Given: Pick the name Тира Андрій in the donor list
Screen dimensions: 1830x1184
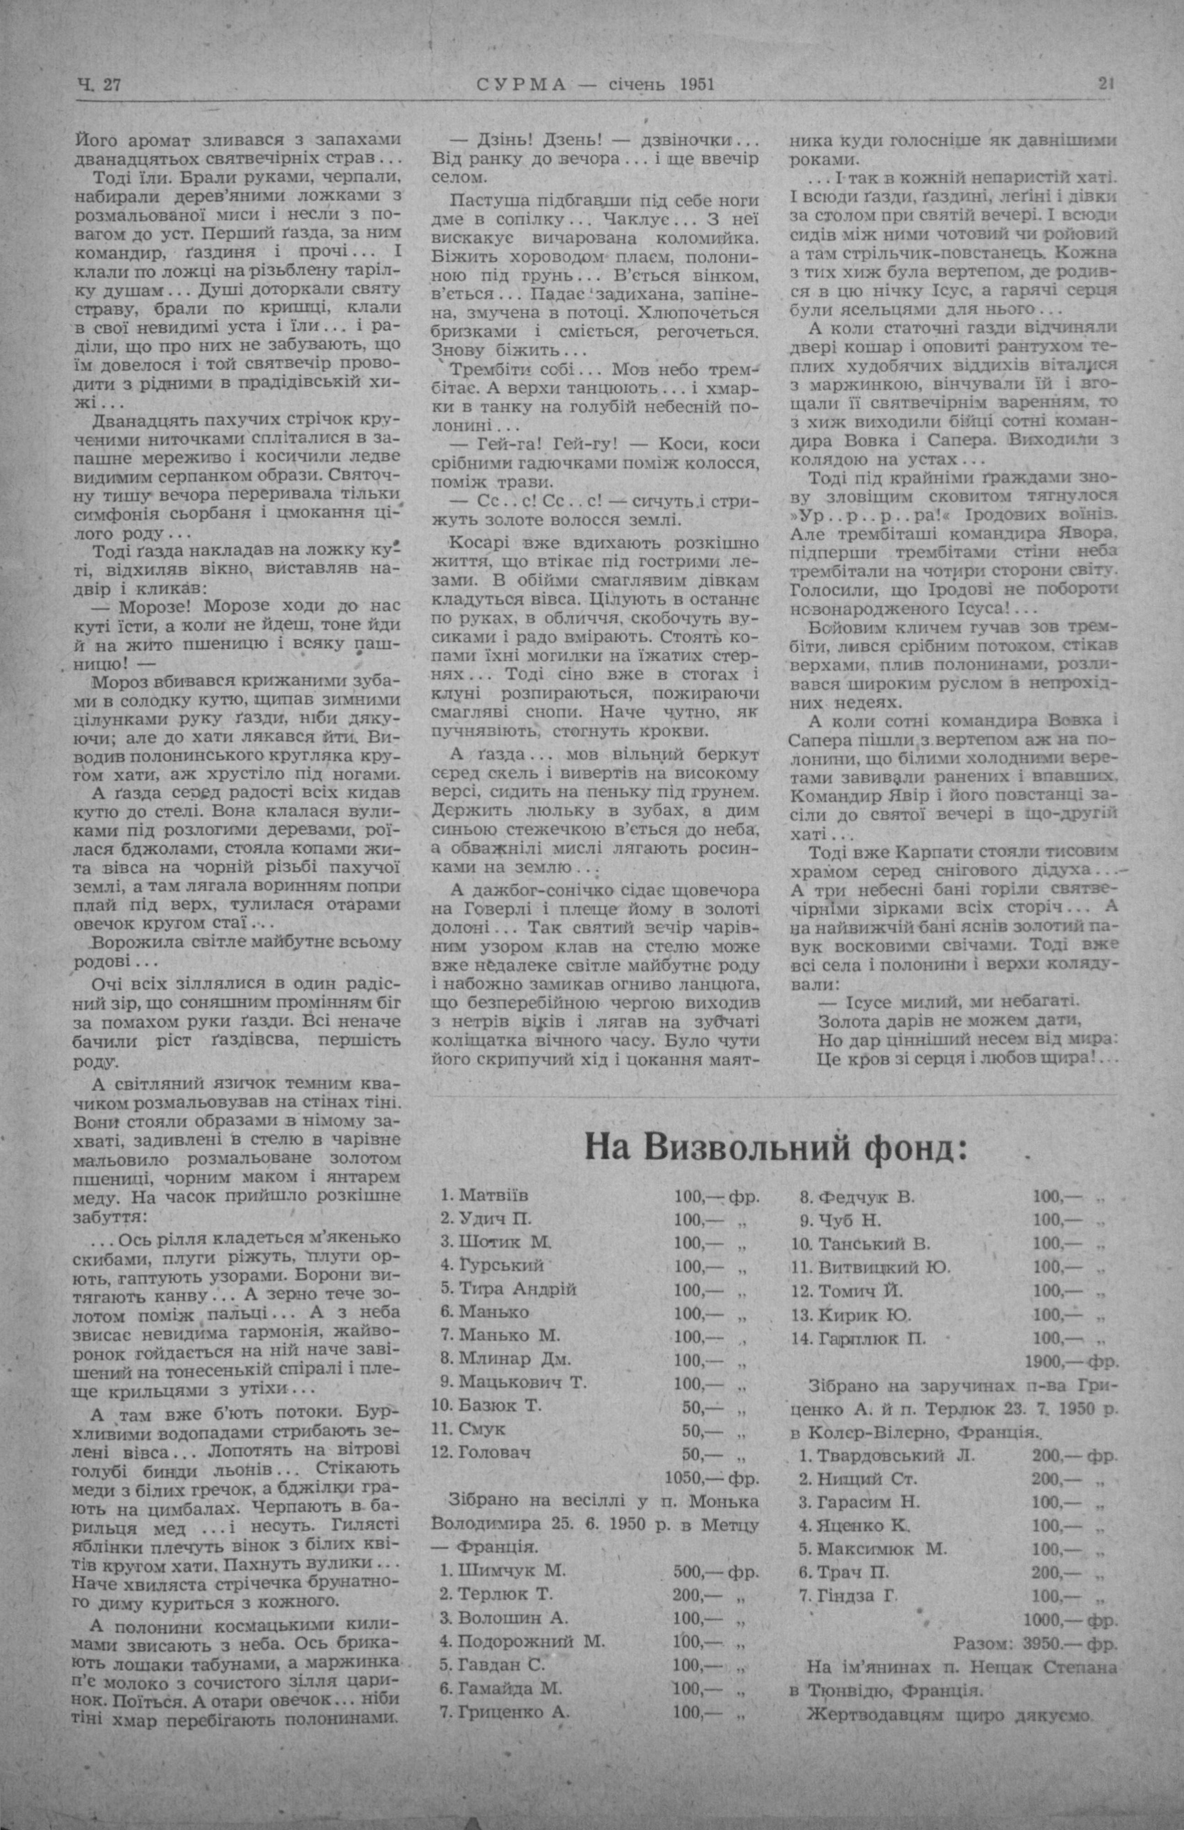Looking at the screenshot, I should tap(517, 1289).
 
